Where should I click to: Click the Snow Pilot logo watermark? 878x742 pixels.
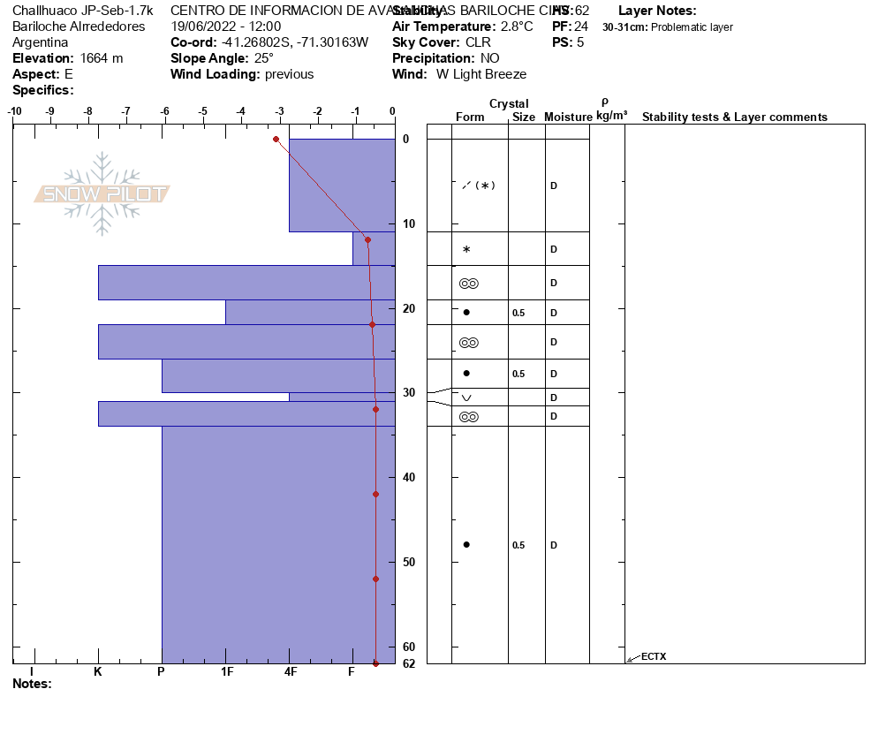point(102,193)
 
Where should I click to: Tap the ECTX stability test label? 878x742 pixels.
point(654,656)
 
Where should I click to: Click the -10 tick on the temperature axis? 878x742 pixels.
point(14,111)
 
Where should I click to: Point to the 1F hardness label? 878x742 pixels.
point(227,672)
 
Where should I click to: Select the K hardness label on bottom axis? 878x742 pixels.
point(98,672)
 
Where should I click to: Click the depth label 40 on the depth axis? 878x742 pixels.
point(409,478)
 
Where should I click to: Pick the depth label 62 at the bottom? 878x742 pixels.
point(409,663)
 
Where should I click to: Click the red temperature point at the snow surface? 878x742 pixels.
point(276,139)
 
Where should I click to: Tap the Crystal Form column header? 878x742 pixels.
point(470,117)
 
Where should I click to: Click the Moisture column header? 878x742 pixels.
point(568,117)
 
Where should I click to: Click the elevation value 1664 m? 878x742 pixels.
point(102,58)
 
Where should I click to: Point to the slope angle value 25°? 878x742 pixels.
point(263,58)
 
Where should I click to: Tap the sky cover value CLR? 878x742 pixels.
point(478,42)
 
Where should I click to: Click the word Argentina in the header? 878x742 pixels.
point(41,42)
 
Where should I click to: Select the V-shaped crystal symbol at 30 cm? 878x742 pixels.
point(466,397)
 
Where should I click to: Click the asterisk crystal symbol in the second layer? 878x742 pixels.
point(466,250)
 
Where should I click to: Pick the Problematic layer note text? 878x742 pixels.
point(692,27)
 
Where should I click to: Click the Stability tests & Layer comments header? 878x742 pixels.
point(734,117)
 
